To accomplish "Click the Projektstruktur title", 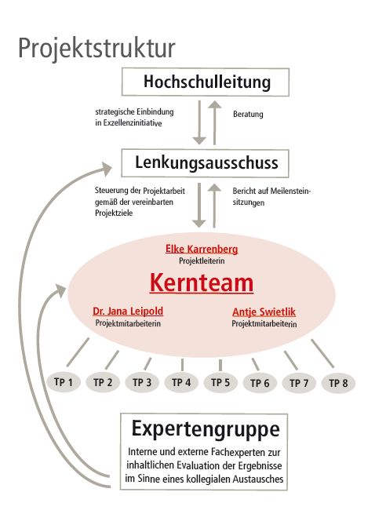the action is tap(96, 49).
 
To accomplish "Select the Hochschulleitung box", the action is tap(206, 82).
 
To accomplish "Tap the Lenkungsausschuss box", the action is tap(205, 163).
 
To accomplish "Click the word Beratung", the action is tap(248, 114).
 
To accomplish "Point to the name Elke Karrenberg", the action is tap(202, 249).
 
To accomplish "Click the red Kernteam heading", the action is tap(202, 283).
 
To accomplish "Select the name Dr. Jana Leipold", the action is tap(128, 311).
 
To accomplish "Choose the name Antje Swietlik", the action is tap(264, 312).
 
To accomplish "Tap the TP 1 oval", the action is tap(64, 382).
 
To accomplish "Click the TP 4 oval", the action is tap(181, 382).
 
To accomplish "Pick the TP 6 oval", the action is tap(260, 383).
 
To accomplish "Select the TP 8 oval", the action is tap(338, 383).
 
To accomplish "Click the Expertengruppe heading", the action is tap(206, 429).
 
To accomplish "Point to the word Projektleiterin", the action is tap(202, 261).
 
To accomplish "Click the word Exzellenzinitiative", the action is tap(133, 123).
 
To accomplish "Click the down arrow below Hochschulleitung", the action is tap(199, 122).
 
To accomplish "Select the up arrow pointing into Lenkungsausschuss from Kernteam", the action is tap(215, 205).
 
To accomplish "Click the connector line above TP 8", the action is tap(322, 354).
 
